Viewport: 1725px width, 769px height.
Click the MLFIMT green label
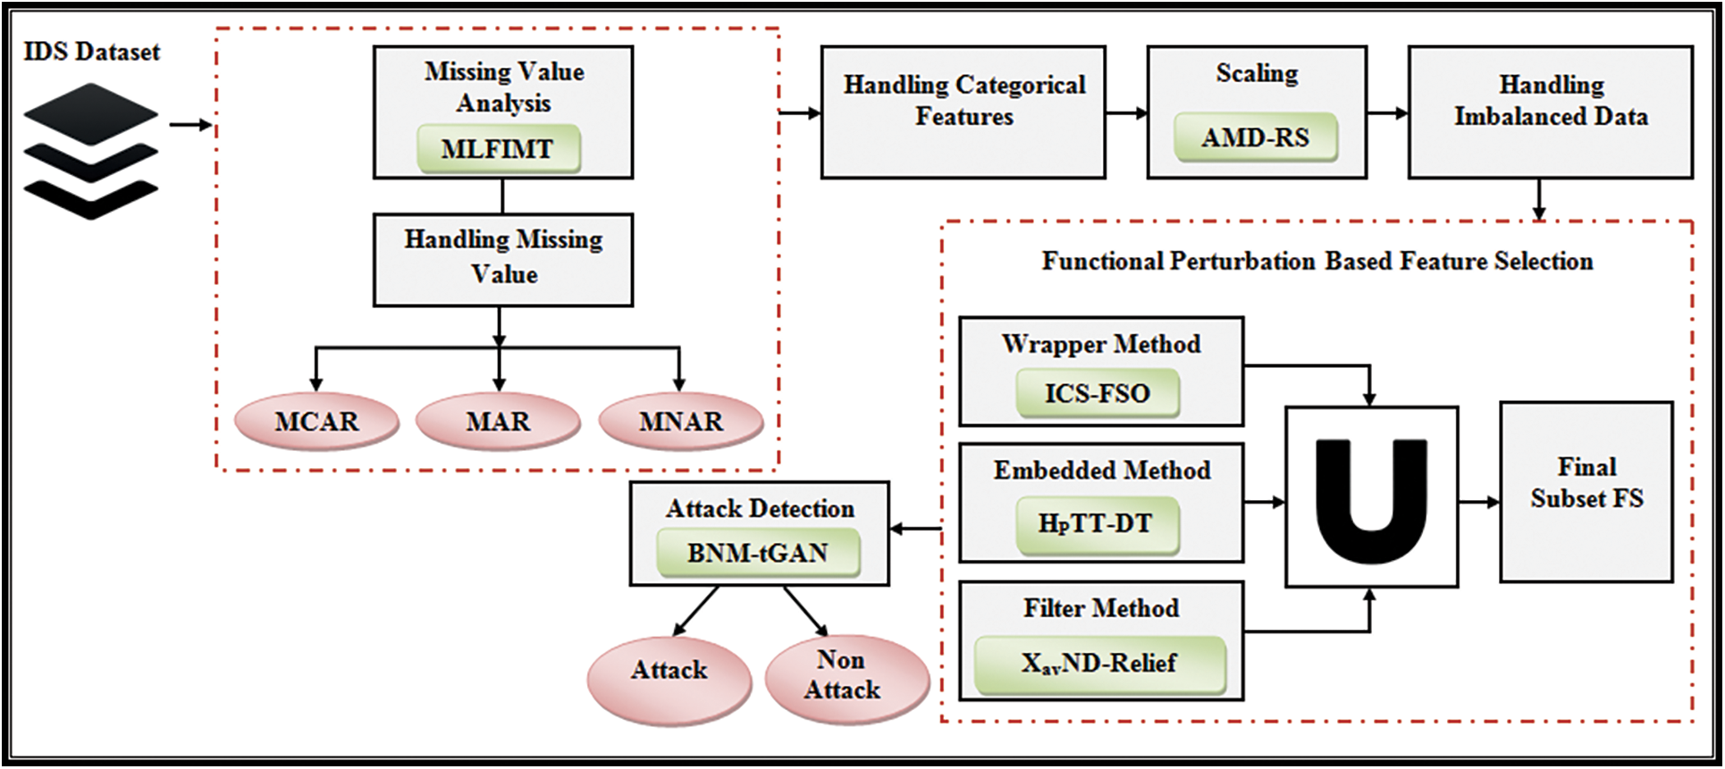click(x=498, y=149)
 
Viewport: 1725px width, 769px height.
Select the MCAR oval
click(x=316, y=421)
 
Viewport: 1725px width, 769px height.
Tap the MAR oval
click(x=498, y=421)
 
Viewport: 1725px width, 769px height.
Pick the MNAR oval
click(x=680, y=421)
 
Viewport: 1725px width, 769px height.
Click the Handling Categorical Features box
click(x=963, y=113)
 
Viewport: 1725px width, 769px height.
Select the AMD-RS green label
click(x=1255, y=138)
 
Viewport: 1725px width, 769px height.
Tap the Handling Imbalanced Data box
click(x=1550, y=113)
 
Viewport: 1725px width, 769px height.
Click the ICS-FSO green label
click(x=1097, y=394)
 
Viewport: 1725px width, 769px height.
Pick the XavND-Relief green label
click(x=1098, y=664)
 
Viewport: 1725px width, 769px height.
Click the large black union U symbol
click(x=1371, y=499)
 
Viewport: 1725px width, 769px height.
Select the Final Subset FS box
click(x=1586, y=491)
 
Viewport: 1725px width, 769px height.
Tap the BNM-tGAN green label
click(x=757, y=553)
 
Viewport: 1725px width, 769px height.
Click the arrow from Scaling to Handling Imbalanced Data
click(x=1387, y=113)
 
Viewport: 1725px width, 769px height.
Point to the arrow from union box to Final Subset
click(x=1479, y=502)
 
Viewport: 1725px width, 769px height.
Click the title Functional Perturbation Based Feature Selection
click(x=1317, y=261)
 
